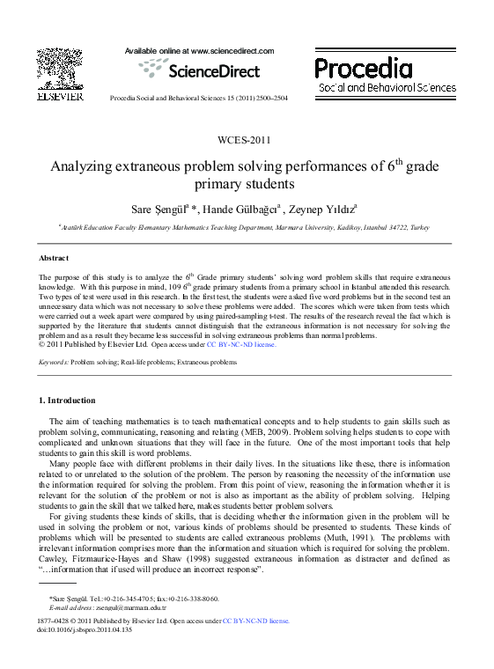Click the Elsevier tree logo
[60, 69]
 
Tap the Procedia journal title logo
[386, 75]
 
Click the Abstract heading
[54, 258]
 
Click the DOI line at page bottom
[85, 629]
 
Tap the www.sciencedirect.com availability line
[200, 51]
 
